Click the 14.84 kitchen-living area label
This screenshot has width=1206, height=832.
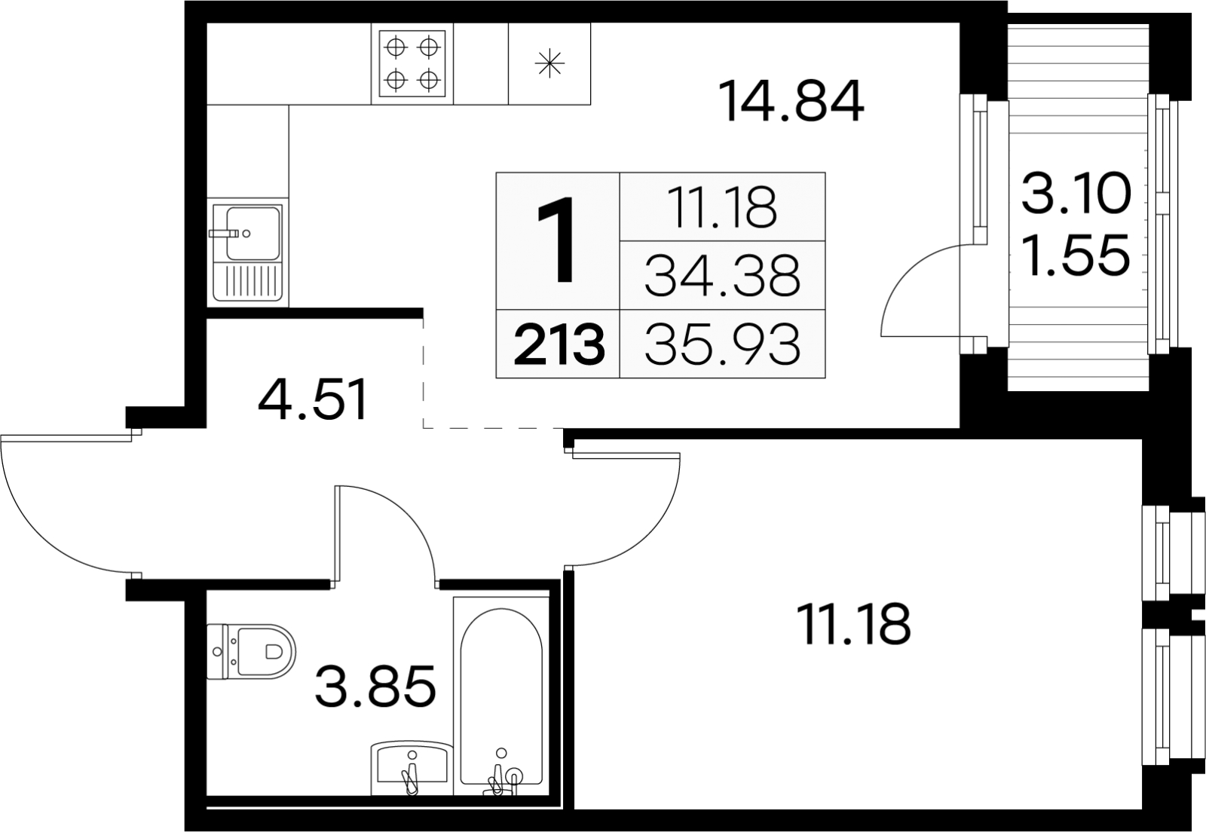(791, 101)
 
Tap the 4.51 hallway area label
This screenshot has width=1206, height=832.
(313, 400)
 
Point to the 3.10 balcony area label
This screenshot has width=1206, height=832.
(1076, 193)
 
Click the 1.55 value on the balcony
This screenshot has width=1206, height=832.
(1076, 255)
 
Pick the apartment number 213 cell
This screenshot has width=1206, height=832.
(559, 344)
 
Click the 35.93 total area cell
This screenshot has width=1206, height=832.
(723, 344)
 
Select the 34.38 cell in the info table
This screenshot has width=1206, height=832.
(723, 275)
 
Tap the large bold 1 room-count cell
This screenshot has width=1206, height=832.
(559, 241)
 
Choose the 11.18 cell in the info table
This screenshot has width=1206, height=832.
(723, 206)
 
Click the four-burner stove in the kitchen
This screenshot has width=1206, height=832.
(412, 63)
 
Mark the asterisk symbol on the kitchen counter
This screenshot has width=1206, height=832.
(549, 63)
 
